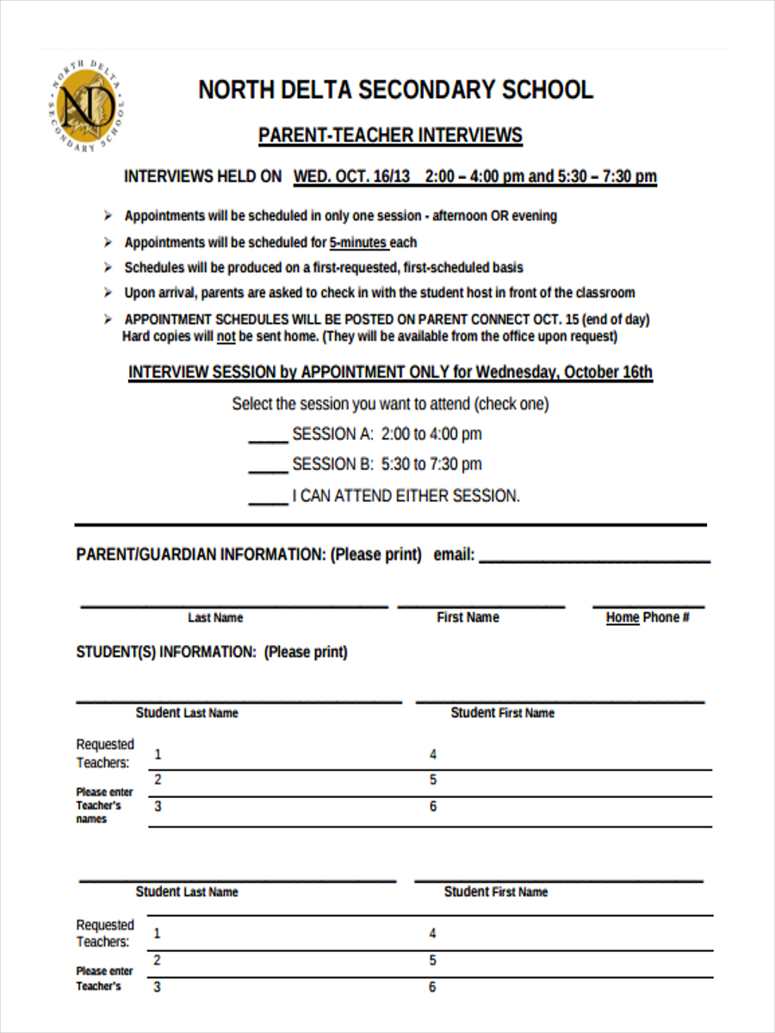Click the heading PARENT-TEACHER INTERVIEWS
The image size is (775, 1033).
(390, 135)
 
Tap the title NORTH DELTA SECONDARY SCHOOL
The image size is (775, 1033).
(395, 90)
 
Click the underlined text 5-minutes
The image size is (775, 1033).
(358, 243)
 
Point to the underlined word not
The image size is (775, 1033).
(226, 337)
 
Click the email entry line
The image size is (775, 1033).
(594, 557)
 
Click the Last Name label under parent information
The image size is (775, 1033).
(215, 617)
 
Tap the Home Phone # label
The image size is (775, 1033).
(648, 617)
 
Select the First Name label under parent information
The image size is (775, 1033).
(468, 617)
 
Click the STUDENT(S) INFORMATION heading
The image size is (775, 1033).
(212, 652)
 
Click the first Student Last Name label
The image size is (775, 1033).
(187, 713)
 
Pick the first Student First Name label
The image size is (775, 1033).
(503, 713)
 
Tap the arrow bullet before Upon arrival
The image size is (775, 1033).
(108, 293)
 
